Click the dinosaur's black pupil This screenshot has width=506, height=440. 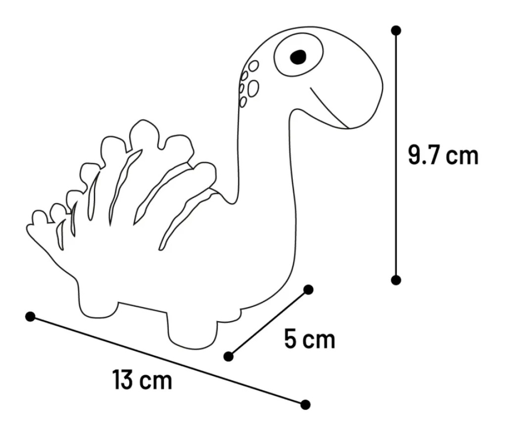[x=298, y=57]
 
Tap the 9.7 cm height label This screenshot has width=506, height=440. [x=443, y=155]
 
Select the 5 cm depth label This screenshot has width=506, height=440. [x=310, y=339]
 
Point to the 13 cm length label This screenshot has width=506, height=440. [x=142, y=380]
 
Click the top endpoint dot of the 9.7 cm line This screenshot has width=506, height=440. [x=396, y=31]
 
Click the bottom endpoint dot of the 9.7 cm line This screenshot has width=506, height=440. [x=396, y=280]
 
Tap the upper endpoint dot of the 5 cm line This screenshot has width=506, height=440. [x=309, y=290]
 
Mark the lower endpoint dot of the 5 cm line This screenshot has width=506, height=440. [x=229, y=356]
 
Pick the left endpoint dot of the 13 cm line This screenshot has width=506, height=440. [x=30, y=317]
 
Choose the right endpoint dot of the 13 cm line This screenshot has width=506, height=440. [x=305, y=404]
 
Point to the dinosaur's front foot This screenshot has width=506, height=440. [x=192, y=332]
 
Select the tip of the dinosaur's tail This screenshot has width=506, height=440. [x=27, y=228]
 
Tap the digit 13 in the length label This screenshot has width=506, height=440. [x=123, y=380]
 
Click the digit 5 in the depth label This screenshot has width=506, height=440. [x=290, y=339]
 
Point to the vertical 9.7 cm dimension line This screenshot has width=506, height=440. [x=396, y=155]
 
